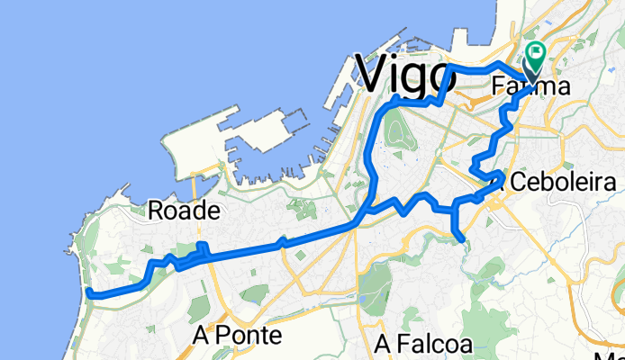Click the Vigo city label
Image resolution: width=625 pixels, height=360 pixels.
pyautogui.click(x=403, y=73)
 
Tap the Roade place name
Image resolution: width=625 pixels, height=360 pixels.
pyautogui.click(x=183, y=211)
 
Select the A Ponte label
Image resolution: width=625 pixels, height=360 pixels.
pyautogui.click(x=238, y=336)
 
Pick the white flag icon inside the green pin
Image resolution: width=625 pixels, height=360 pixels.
pyautogui.click(x=536, y=53)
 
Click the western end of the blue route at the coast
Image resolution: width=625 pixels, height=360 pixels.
pyautogui.click(x=90, y=291)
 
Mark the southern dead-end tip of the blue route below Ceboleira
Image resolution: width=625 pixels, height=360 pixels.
pyautogui.click(x=463, y=238)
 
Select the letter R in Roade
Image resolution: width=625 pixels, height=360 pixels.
pyautogui.click(x=154, y=211)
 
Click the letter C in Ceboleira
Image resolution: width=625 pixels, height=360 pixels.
pyautogui.click(x=518, y=182)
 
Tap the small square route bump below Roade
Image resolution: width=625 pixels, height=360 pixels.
pyautogui.click(x=203, y=247)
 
